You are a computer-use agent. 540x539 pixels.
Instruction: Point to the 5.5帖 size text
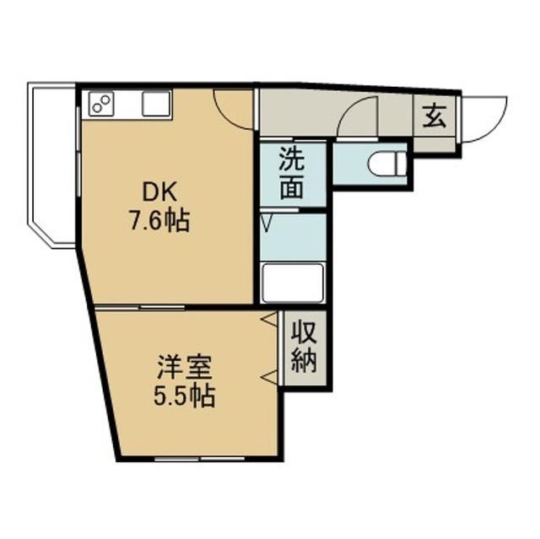184,396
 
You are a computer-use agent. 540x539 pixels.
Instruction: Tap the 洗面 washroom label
292,172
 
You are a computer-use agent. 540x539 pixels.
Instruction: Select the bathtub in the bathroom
292,283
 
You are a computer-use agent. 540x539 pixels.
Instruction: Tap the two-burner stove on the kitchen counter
101,104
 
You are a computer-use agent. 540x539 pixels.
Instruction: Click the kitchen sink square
155,104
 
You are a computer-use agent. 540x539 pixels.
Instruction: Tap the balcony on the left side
51,164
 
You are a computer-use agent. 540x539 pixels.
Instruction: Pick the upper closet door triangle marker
271,321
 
